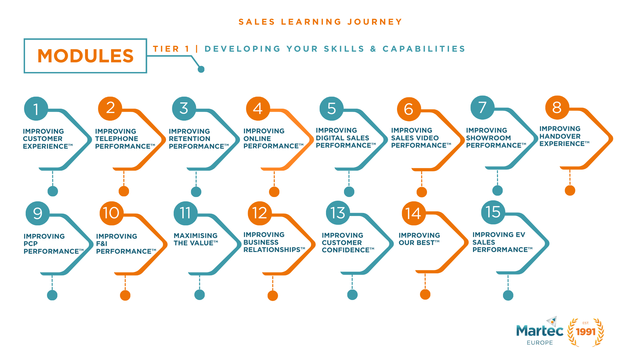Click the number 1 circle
36,109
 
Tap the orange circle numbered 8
557,107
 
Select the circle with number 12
260,213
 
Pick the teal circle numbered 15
493,212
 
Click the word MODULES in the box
85,56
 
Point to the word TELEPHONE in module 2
116,139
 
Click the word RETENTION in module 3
189,139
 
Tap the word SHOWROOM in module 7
488,138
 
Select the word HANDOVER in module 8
560,136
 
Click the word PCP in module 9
30,244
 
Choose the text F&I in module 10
102,244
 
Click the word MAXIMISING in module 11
195,236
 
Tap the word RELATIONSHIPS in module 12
272,250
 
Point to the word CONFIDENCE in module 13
346,250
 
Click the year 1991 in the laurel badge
586,332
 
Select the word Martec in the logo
539,331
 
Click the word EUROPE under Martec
540,343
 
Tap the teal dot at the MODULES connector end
201,69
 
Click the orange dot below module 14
425,295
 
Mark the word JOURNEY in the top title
375,22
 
